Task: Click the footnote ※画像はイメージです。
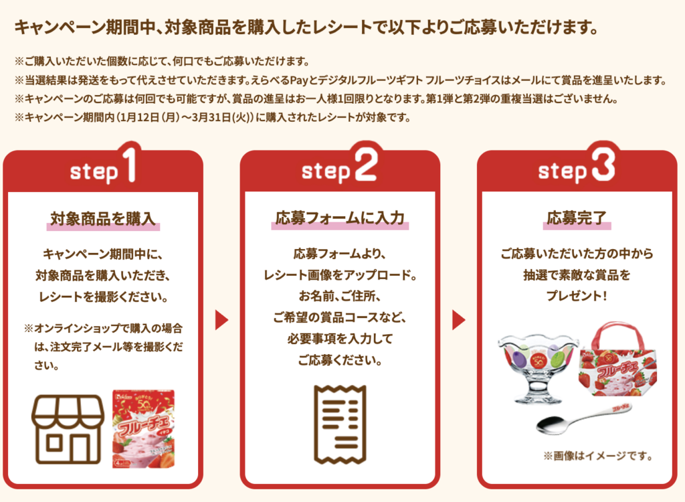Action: tap(597, 456)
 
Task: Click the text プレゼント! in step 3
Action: tap(577, 295)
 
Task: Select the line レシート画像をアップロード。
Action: tap(340, 275)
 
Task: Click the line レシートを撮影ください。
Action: tap(103, 295)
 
